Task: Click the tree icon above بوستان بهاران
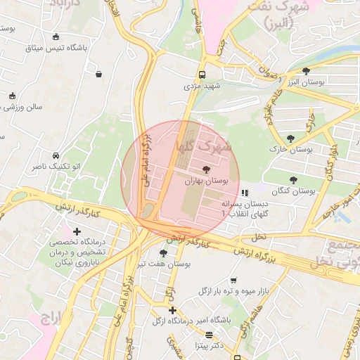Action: [205, 169]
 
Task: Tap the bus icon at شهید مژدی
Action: [202, 75]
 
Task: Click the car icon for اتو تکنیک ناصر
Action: [55, 155]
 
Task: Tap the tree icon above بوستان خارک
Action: [290, 139]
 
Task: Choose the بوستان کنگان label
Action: [292, 191]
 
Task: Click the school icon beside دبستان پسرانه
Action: [244, 192]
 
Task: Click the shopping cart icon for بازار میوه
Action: [233, 280]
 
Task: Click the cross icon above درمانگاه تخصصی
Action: [77, 231]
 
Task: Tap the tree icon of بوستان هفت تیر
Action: [163, 253]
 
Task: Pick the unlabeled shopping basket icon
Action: [98, 74]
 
